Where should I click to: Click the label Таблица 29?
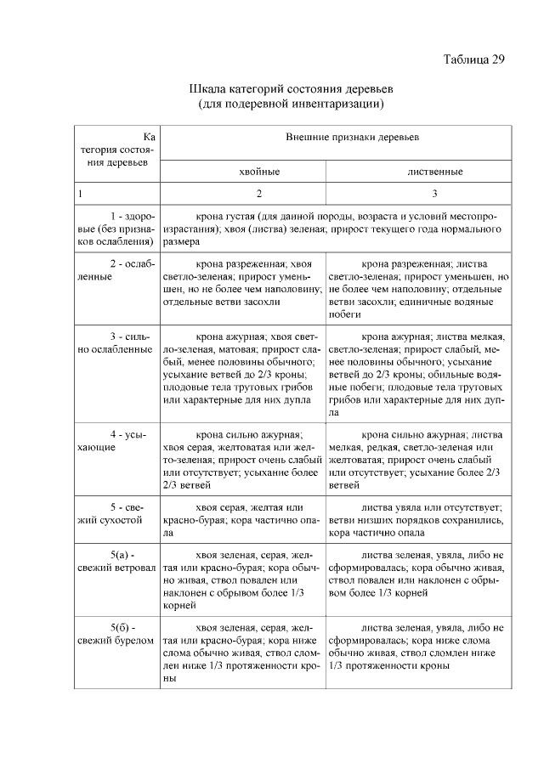pyautogui.click(x=474, y=59)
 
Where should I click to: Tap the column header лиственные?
pyautogui.click(x=434, y=172)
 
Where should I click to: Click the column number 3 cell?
pyautogui.click(x=434, y=195)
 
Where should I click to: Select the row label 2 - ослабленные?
pyautogui.click(x=116, y=270)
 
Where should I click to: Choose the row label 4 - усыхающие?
pyautogui.click(x=116, y=440)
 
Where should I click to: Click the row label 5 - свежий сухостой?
pyautogui.click(x=116, y=514)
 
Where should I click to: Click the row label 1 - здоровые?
pyautogui.click(x=116, y=229)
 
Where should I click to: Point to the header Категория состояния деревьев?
pyautogui.click(x=116, y=149)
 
